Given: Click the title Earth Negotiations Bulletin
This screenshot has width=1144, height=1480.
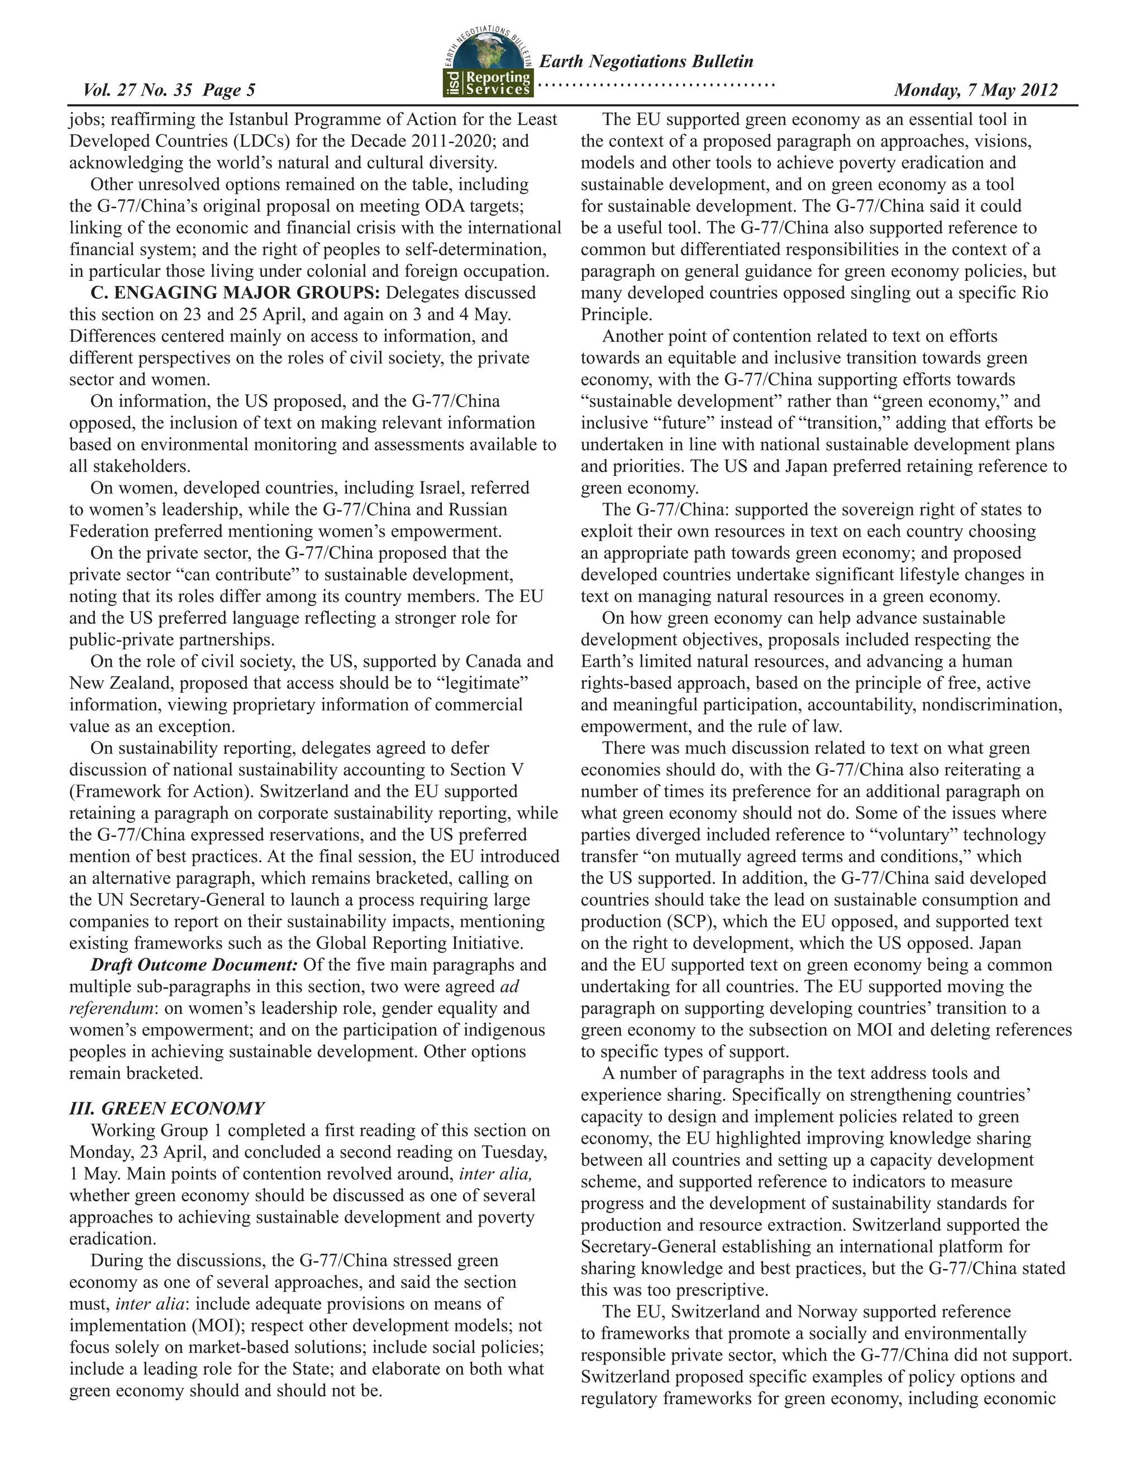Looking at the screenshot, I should [x=645, y=61].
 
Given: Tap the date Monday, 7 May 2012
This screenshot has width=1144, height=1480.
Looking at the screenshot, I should [x=975, y=90].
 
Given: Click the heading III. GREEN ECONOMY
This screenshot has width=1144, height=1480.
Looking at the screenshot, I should [x=166, y=1108].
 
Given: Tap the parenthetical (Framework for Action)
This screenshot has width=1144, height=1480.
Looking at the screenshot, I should [x=161, y=791].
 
